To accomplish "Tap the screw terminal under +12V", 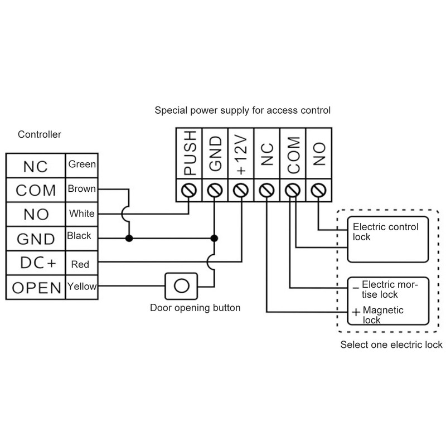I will [240, 191].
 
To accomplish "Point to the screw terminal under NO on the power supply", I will [319, 191].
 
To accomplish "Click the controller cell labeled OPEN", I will [36, 288].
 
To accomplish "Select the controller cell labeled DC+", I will [36, 263].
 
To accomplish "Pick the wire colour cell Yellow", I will [81, 287].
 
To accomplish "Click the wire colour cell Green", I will [81, 164].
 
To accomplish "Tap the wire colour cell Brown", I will [81, 189].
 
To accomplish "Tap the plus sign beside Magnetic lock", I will [355, 312].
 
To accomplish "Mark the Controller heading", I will [40, 134].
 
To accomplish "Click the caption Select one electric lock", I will [391, 345].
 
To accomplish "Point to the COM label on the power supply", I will [293, 153].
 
